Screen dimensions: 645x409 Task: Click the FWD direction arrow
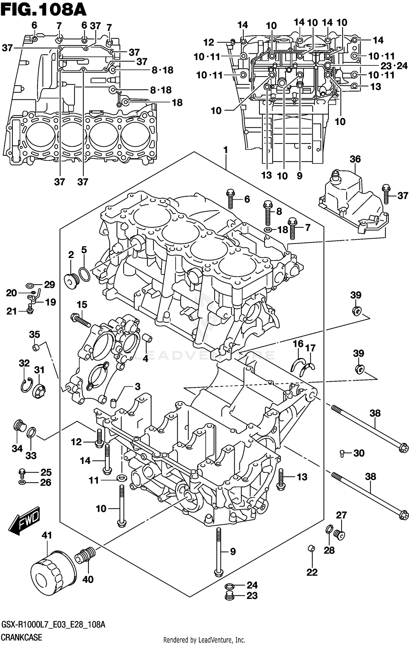coord(25,521)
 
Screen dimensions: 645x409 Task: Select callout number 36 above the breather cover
coord(355,159)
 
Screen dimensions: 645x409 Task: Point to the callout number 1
coord(225,150)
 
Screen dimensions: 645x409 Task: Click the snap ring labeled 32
coord(26,385)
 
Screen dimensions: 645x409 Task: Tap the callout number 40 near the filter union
coord(88,579)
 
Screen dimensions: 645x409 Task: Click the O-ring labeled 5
coord(84,274)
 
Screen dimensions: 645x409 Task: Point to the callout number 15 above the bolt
coord(82,304)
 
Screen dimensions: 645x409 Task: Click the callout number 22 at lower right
coord(312,572)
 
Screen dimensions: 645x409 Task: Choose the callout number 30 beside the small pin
coord(359,453)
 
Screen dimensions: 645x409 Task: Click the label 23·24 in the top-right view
coord(394,66)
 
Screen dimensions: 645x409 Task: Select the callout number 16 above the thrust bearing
coord(298,344)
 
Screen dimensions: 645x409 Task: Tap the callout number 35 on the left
coord(35,334)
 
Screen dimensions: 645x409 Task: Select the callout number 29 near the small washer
coord(49,285)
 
